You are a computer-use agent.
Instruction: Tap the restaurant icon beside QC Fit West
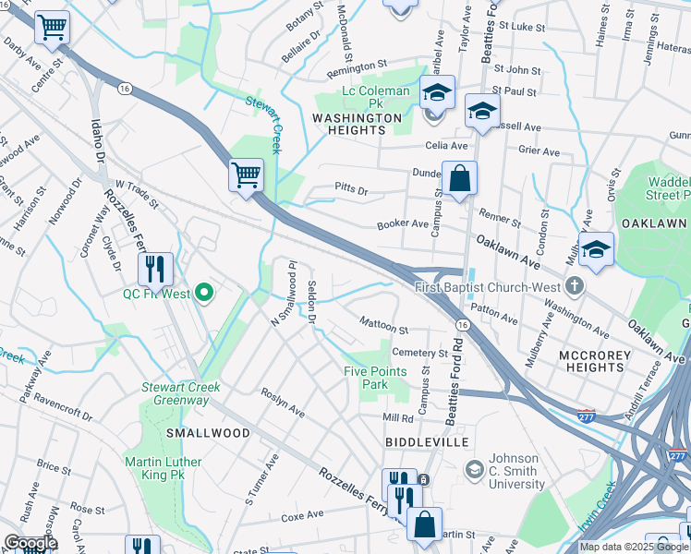point(155,269)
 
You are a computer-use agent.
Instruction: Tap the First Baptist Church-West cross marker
point(575,286)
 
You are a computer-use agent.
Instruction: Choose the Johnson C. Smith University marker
point(474,470)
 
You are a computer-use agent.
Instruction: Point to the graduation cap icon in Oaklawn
point(596,249)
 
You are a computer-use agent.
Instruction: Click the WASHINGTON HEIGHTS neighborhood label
point(357,125)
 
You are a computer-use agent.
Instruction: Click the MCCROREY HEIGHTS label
point(595,361)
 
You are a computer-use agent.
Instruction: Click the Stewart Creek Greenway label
point(180,393)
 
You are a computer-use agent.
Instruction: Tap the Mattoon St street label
point(383,328)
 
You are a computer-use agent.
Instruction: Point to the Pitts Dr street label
point(352,191)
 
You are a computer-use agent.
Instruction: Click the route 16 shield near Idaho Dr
point(123,88)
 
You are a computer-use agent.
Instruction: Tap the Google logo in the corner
point(30,543)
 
